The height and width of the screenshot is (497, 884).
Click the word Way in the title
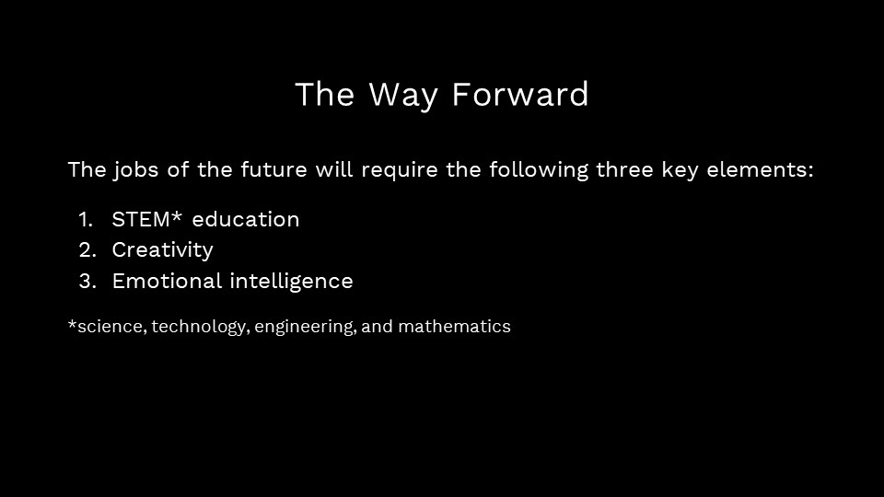pyautogui.click(x=403, y=95)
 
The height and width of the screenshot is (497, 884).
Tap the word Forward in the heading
pyautogui.click(x=520, y=94)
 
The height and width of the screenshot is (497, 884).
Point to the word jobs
pyautogui.click(x=135, y=170)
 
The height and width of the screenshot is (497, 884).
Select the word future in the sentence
pyautogui.click(x=274, y=169)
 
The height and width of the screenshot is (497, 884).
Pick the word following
pyautogui.click(x=539, y=170)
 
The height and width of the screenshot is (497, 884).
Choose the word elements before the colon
pyautogui.click(x=756, y=169)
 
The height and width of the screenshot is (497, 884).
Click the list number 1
pyautogui.click(x=85, y=220)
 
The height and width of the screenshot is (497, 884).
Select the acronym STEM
pyautogui.click(x=141, y=220)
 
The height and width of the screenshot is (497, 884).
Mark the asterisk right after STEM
pyautogui.click(x=177, y=216)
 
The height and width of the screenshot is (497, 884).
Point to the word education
pyautogui.click(x=246, y=220)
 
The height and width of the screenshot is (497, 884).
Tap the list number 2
pyautogui.click(x=87, y=250)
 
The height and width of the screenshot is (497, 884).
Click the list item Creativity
pyautogui.click(x=162, y=250)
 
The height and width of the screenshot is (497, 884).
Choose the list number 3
pyautogui.click(x=87, y=282)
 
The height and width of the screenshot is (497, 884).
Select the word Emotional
pyautogui.click(x=167, y=281)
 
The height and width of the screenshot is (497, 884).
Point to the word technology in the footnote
pyautogui.click(x=200, y=327)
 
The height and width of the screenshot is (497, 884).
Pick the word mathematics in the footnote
pyautogui.click(x=454, y=326)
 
